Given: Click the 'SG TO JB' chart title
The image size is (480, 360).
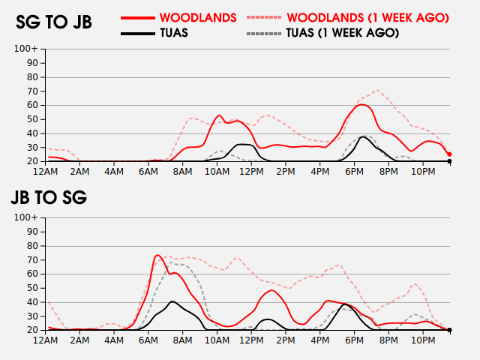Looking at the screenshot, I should coord(54,22).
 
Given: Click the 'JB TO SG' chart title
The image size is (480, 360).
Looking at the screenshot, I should coord(49,198).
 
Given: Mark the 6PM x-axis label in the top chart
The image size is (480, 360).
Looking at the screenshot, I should coord(355,172).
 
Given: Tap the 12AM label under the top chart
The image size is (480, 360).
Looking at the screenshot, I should coord(46,172).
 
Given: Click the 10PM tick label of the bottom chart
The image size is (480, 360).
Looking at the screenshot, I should coord(423,340).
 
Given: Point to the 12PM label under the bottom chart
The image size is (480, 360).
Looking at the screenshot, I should coord(251,340).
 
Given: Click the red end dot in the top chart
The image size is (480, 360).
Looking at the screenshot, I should coord(449,154).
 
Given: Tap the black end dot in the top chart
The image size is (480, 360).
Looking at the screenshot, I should coord(449,161).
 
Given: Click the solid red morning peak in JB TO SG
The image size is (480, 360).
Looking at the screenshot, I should coord(158,256).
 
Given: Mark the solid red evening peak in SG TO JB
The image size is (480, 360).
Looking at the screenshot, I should coord(362,104).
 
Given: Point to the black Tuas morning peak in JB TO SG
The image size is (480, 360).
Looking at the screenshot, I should coord(172,301).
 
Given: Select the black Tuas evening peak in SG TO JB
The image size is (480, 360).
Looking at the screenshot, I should coord(364,136).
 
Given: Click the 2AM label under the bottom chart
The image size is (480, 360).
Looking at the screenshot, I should coord(80,340).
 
